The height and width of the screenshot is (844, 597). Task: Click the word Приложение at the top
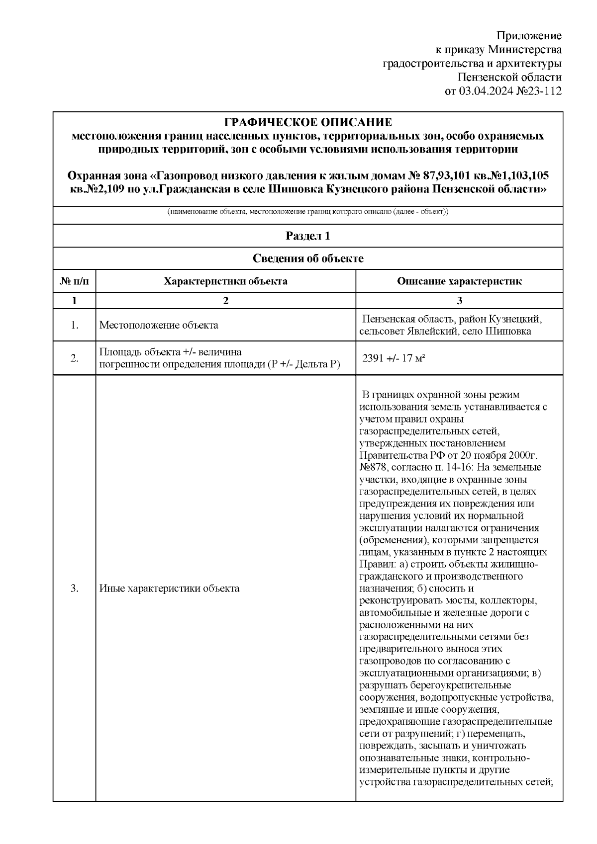[529, 36]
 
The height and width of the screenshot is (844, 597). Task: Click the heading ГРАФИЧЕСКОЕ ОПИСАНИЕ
[308, 122]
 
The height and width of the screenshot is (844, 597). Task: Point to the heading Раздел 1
[308, 236]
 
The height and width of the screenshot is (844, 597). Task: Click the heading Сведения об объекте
[308, 258]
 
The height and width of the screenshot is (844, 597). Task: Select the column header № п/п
[74, 281]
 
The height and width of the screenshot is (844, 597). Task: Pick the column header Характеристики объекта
[225, 281]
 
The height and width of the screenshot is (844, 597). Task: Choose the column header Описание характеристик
[459, 281]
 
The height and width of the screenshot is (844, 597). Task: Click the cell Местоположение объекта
[159, 325]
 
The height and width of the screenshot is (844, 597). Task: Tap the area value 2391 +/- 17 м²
[394, 358]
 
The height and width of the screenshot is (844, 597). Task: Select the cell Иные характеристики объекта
[169, 589]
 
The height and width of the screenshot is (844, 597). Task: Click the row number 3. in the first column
[74, 589]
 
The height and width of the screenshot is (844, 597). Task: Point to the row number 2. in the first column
[74, 358]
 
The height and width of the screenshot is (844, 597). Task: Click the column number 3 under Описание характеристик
[459, 301]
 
